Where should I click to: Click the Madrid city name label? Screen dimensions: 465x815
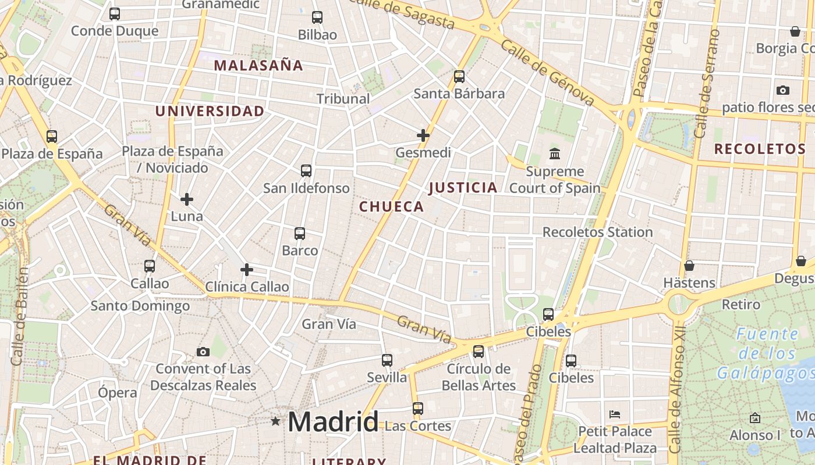[x=332, y=421]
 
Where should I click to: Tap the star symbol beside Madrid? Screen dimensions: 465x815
[x=275, y=421]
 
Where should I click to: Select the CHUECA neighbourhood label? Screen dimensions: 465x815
[x=391, y=206]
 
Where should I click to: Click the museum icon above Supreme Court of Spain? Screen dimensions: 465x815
[x=555, y=154]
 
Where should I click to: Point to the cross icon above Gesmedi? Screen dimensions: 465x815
[x=423, y=135]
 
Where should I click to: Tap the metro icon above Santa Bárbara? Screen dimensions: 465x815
[x=459, y=76]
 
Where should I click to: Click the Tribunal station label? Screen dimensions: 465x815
[x=343, y=99]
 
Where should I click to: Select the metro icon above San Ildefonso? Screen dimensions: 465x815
[x=306, y=171]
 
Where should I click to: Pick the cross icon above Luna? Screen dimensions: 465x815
[x=187, y=199]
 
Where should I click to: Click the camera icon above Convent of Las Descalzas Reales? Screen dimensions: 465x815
[x=203, y=352]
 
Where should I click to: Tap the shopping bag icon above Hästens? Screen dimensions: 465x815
[x=689, y=266]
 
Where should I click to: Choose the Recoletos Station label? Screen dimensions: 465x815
[x=597, y=232]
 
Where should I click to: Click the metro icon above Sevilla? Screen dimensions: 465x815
[x=387, y=360]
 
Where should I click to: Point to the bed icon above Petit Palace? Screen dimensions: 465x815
[x=615, y=414]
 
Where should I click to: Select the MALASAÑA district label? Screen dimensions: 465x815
[x=258, y=65]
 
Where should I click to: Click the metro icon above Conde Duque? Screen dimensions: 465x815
[x=115, y=14]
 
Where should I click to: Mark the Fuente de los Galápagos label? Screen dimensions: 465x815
[x=766, y=353]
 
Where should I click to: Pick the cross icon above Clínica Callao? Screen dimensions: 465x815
[x=247, y=270]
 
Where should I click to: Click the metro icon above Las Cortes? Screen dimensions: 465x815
[x=418, y=409]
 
